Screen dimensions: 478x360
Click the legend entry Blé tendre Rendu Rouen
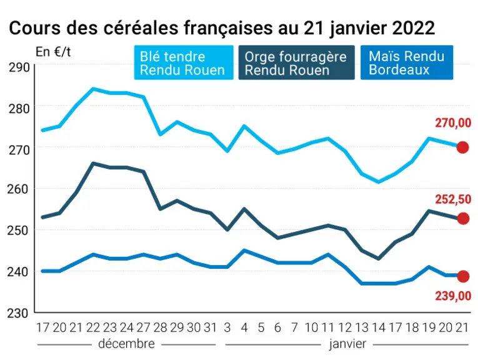click(x=184, y=62)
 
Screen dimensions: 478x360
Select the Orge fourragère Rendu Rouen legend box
click(x=296, y=62)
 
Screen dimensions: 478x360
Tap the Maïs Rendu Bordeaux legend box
click(x=407, y=62)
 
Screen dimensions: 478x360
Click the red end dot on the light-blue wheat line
click(x=462, y=147)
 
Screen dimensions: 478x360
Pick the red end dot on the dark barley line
click(x=463, y=219)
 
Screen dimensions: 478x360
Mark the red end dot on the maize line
click(x=463, y=276)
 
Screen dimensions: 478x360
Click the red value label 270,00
click(x=453, y=123)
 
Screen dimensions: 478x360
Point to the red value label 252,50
click(x=453, y=199)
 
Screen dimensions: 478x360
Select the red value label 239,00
click(x=453, y=296)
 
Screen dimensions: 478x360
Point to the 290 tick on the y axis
click(x=19, y=67)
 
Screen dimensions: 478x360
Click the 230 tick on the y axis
click(x=18, y=313)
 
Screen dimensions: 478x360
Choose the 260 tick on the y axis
click(x=18, y=189)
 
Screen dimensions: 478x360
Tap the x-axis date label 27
click(x=143, y=327)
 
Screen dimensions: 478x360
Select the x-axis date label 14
click(x=378, y=327)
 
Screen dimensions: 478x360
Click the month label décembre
click(x=126, y=344)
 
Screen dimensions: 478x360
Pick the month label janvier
click(x=347, y=344)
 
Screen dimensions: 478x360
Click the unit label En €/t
click(x=53, y=52)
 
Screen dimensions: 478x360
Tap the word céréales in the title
click(x=141, y=28)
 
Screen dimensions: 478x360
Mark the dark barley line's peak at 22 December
click(x=93, y=163)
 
